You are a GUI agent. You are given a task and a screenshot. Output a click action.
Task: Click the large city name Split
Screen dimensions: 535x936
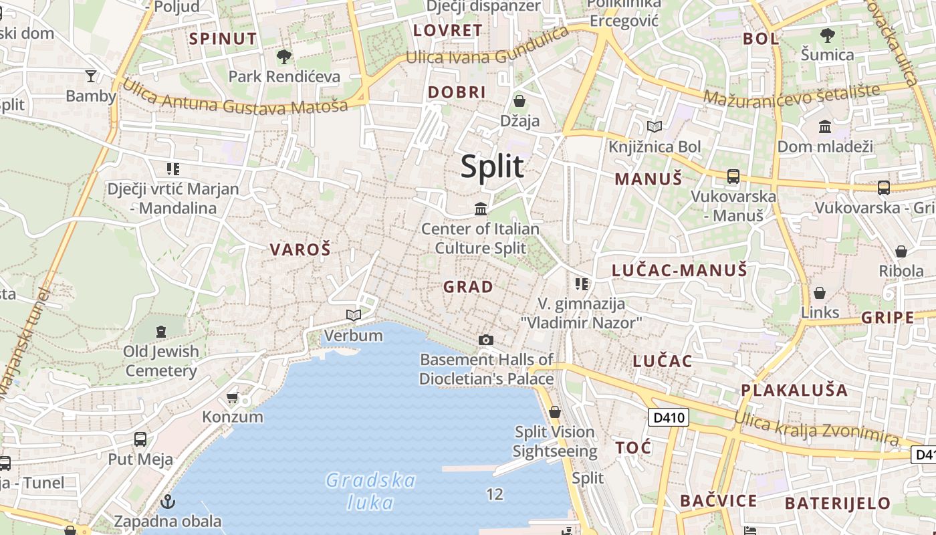click(492, 167)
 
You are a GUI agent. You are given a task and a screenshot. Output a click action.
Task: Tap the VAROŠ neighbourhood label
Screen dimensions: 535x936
click(300, 250)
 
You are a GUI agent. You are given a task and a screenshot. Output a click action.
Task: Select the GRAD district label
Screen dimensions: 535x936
click(468, 287)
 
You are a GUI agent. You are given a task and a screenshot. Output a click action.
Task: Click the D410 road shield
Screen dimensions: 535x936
click(669, 418)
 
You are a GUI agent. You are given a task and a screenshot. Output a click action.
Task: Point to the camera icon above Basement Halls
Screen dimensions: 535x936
click(486, 340)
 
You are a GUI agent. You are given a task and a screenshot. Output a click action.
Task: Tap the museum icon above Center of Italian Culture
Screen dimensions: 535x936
click(481, 209)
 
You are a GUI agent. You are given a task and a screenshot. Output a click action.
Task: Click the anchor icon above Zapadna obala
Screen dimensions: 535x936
click(168, 501)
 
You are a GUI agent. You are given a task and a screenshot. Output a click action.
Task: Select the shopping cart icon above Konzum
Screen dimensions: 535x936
click(233, 398)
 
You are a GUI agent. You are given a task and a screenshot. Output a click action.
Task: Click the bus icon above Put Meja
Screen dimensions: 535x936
click(140, 439)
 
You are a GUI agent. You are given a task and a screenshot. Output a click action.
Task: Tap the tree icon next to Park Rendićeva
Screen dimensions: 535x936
click(284, 57)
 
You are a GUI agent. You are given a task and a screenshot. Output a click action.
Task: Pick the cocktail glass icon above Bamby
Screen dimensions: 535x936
click(91, 76)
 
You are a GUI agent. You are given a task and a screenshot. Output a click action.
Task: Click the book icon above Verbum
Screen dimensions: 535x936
click(354, 315)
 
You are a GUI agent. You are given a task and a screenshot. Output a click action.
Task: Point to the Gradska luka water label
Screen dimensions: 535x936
click(371, 491)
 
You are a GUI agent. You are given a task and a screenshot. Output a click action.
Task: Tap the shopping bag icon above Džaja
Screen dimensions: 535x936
click(519, 102)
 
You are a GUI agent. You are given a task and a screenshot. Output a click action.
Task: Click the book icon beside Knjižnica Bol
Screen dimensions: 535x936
click(655, 126)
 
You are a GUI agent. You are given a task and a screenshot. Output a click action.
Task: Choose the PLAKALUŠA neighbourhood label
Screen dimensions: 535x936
click(794, 390)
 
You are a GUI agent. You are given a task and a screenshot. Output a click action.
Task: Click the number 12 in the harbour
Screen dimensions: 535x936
click(495, 494)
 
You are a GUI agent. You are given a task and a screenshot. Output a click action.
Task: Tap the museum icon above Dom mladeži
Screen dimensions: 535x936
click(825, 126)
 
